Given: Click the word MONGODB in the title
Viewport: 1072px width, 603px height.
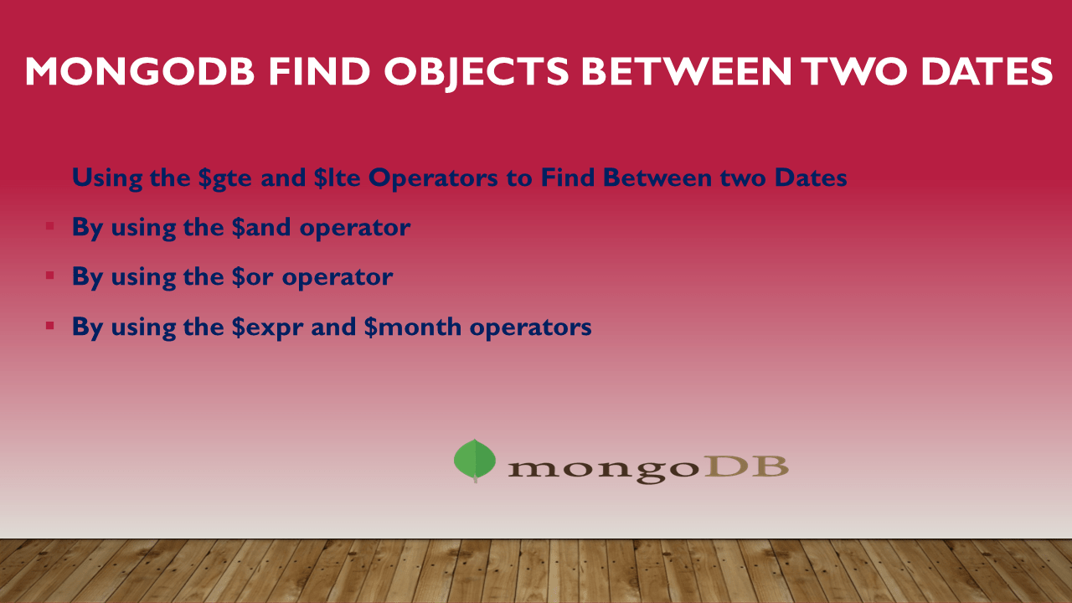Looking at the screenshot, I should (x=139, y=72).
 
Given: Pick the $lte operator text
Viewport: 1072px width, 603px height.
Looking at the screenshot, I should (x=340, y=178).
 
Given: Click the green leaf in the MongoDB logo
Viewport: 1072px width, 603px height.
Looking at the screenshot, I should (x=475, y=460).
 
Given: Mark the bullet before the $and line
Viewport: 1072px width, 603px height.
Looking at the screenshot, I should (x=50, y=226).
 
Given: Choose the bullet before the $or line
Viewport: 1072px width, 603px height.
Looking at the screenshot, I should (x=50, y=276).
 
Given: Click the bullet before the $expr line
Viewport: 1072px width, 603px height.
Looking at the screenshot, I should (x=50, y=325).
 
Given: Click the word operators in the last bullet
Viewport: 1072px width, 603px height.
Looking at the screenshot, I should (x=530, y=327).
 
